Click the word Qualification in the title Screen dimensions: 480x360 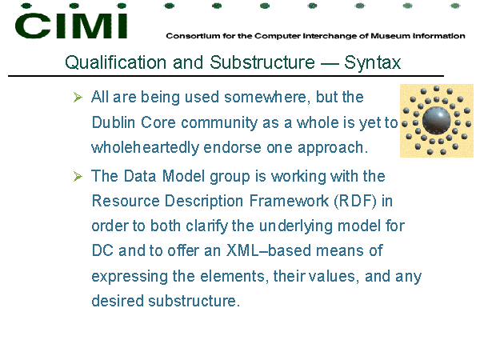click(116, 62)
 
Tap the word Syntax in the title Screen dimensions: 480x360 click(372, 63)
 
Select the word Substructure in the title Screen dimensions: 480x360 click(262, 62)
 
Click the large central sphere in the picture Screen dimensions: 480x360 click(436, 120)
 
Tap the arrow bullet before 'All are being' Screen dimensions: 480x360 click(78, 98)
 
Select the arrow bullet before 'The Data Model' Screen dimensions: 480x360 click(78, 176)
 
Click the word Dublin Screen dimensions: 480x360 click(114, 122)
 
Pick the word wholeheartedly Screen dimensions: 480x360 click(146, 148)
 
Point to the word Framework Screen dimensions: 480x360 click(289, 201)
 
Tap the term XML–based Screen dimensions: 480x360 click(269, 250)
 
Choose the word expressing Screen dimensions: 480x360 click(130, 277)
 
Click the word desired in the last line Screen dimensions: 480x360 click(118, 301)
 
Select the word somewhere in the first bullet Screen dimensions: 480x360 click(265, 98)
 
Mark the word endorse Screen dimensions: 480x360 click(233, 147)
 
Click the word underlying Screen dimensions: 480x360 click(296, 226)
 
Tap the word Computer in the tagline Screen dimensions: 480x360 click(278, 36)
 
